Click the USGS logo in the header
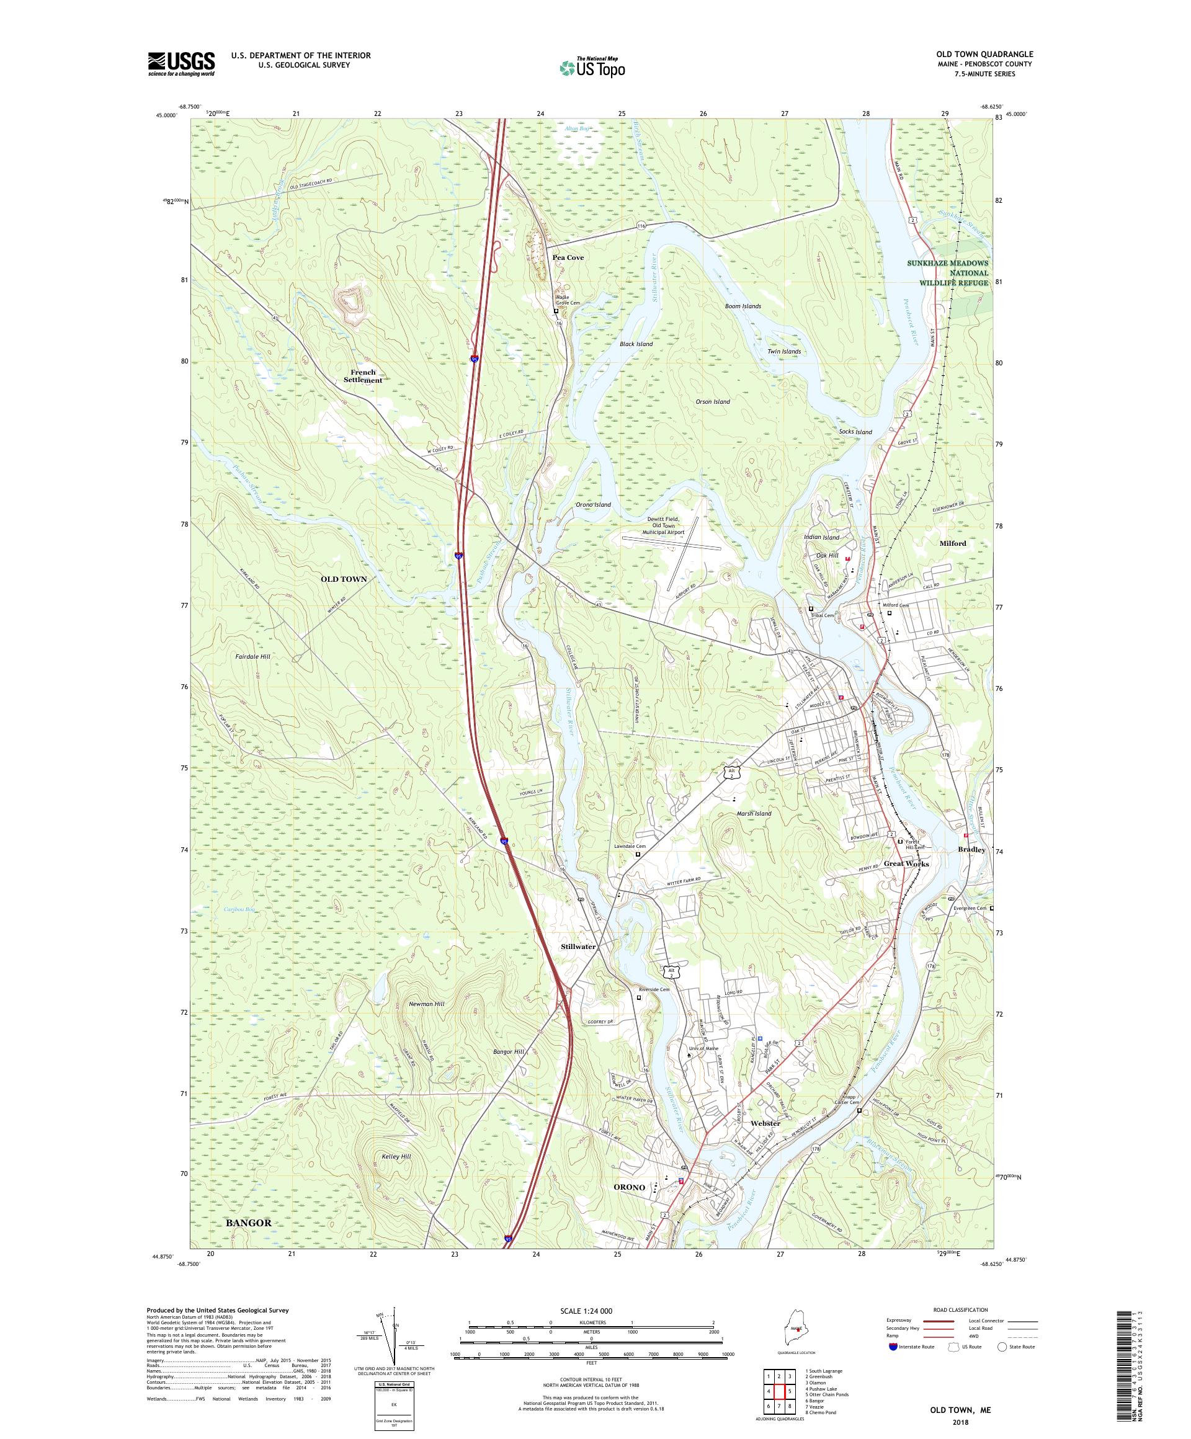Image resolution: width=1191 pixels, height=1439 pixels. tap(181, 65)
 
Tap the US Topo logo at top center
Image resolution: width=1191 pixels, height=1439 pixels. tap(592, 66)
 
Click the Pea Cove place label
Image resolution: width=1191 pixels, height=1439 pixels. tap(568, 257)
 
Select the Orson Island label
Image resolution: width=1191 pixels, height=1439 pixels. tap(712, 401)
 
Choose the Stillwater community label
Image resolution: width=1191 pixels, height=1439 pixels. tap(577, 947)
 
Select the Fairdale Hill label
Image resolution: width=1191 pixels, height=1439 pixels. tap(253, 656)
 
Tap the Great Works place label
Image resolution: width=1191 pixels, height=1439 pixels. tap(906, 863)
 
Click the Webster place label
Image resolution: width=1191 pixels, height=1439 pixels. tap(765, 1124)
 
